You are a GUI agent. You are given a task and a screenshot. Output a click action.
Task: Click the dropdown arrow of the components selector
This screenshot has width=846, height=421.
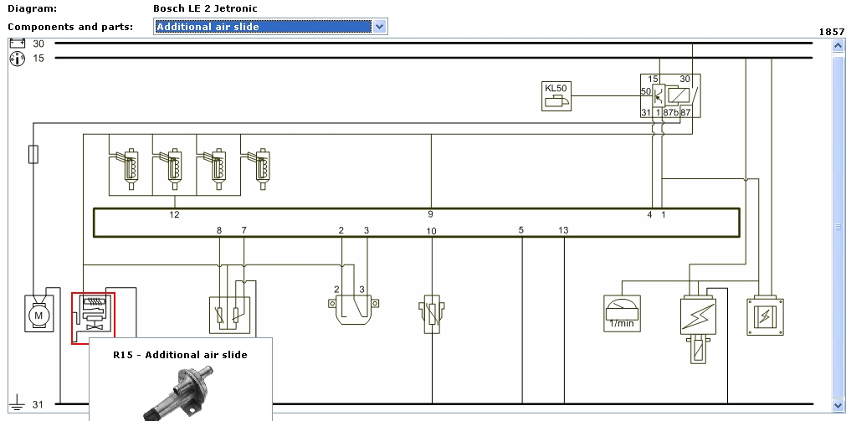point(379,27)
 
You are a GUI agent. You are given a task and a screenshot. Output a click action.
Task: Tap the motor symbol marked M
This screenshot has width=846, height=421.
point(38,314)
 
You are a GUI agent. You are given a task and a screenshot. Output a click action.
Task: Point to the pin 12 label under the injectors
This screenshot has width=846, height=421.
point(174,215)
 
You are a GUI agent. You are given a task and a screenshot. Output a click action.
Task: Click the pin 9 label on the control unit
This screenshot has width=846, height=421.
point(430,215)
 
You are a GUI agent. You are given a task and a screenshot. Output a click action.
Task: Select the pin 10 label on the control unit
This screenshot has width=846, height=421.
point(431,231)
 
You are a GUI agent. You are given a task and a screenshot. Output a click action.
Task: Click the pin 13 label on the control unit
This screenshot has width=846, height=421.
point(563,230)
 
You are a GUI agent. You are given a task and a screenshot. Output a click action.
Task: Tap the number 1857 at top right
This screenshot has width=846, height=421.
point(831,32)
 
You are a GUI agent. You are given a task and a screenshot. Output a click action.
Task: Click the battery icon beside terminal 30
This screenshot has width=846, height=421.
point(16,43)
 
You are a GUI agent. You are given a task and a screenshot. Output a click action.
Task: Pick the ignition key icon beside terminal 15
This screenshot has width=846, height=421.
point(16,59)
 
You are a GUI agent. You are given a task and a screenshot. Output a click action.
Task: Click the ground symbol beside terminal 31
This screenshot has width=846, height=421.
point(16,405)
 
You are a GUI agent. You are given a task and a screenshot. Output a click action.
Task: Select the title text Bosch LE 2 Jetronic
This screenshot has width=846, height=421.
point(205,8)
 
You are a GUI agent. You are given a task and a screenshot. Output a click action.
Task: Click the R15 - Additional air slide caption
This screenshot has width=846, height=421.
point(180,355)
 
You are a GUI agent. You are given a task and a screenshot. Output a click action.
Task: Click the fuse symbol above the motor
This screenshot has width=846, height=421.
point(33,155)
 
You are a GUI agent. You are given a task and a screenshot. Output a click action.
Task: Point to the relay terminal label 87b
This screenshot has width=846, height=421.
point(670,112)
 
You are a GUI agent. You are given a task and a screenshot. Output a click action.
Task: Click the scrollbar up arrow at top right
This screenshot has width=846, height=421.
point(838,46)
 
